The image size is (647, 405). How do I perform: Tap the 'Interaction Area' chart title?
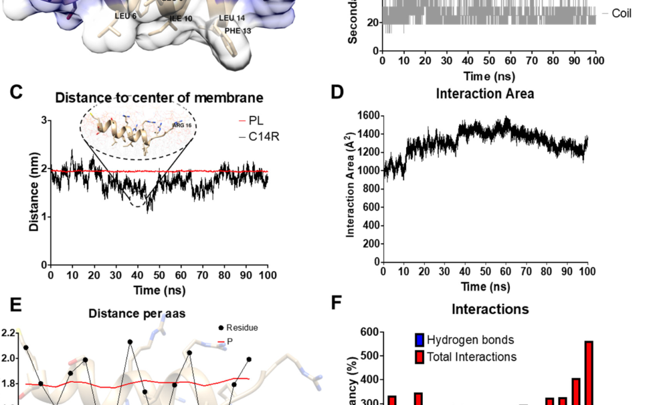[485, 94]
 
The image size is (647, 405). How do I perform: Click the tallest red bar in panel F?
[589, 372]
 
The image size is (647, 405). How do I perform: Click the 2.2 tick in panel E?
[9, 333]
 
